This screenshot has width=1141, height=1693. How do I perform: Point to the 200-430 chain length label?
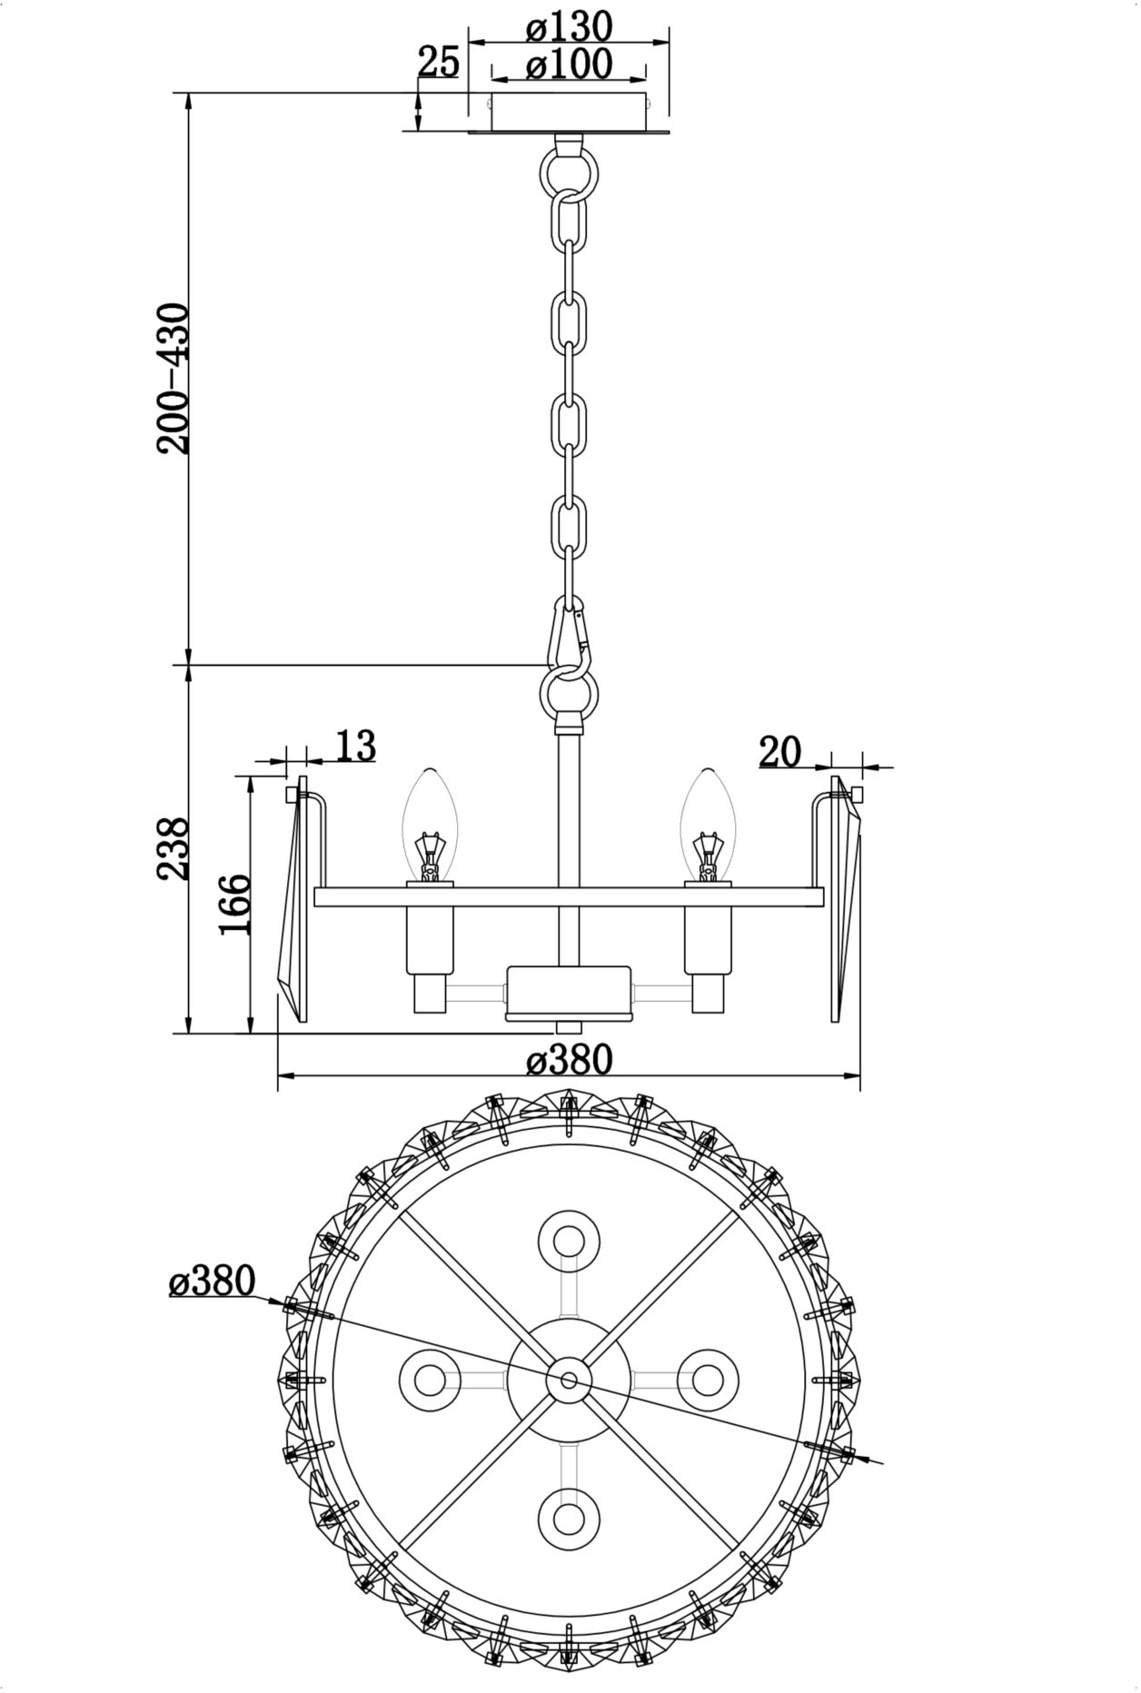coord(173,378)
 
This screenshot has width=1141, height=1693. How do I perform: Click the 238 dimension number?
coord(173,848)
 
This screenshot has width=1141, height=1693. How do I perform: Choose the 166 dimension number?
coord(233,904)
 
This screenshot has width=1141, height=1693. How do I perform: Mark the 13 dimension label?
coord(355,746)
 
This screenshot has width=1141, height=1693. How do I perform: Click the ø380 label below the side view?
coord(570,1059)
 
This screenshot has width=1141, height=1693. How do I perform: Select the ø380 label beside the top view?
coord(213,1282)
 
